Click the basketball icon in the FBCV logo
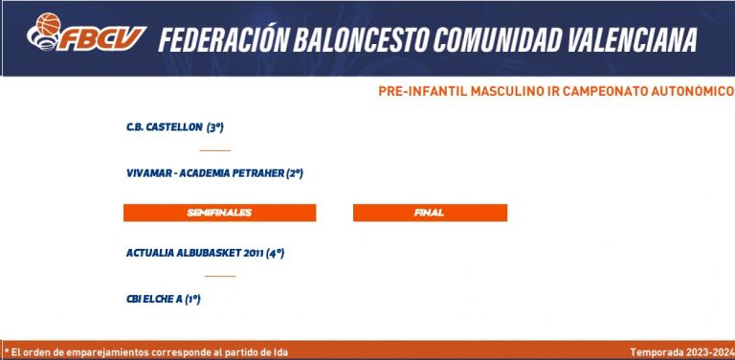pos(48,24)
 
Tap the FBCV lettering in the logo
pos(101,38)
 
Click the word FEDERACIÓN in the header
pos(223,39)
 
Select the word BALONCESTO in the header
pos(360,40)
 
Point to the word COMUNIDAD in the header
pos(497,40)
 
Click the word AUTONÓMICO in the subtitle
pos(692,91)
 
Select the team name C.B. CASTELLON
pos(165,127)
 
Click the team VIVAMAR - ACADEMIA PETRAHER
pos(206,173)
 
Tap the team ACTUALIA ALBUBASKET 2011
pos(194,253)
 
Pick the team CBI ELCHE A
pos(154,299)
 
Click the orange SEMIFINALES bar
pos(219,213)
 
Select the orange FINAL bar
pos(430,213)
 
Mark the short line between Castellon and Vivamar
pos(215,150)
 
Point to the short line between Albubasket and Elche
pos(220,276)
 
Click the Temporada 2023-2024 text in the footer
pos(681,352)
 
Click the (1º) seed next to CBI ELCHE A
pos(192,299)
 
